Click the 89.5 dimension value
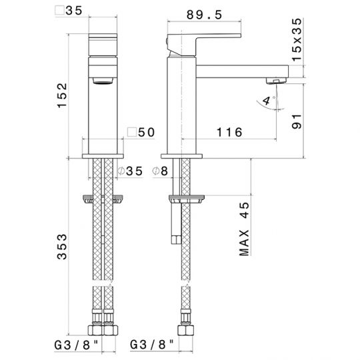[x=204, y=15]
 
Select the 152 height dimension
[x=62, y=95]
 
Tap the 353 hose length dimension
[x=62, y=247]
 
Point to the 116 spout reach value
[x=229, y=132]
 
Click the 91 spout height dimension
[x=297, y=121]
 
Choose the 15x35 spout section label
[x=297, y=39]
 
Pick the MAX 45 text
[x=244, y=229]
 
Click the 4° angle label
[x=268, y=101]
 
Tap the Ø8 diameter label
[x=160, y=171]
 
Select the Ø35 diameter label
[x=130, y=171]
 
